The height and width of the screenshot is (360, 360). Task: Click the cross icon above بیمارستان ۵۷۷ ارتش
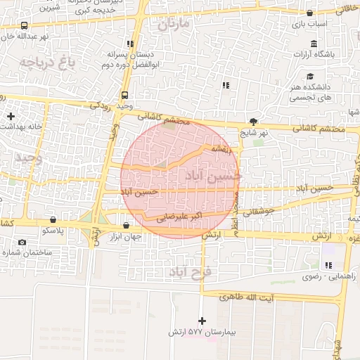[202, 321]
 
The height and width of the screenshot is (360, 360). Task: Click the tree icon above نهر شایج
[253, 122]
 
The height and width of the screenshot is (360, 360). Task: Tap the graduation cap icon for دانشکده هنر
[309, 76]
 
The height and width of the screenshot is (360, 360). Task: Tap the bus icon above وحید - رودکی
[124, 95]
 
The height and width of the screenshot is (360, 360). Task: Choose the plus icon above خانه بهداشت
[11, 115]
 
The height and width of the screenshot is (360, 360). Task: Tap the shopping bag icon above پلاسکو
[53, 220]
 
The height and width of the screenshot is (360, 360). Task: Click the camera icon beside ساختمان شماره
[22, 243]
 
